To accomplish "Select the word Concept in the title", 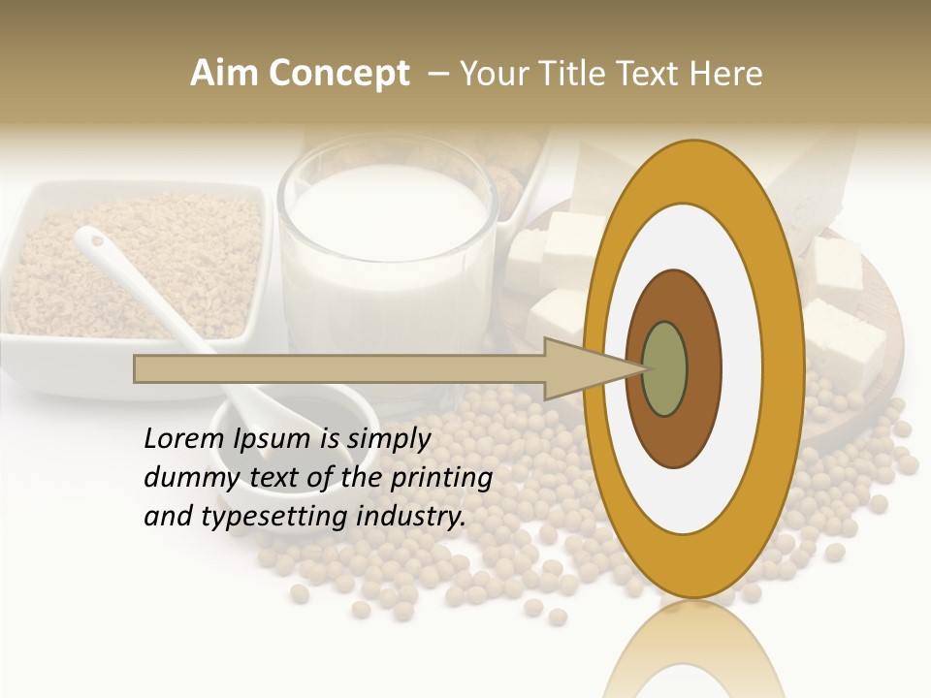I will (338, 75).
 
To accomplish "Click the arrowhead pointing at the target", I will (592, 368).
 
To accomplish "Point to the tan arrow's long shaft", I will (339, 368).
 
